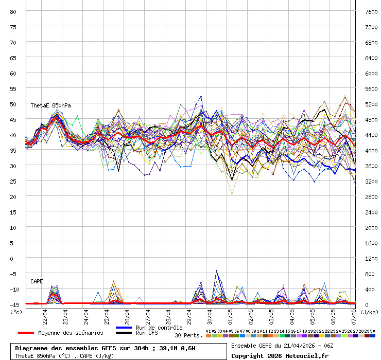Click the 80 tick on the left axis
click(13, 11)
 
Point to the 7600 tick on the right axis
click(371, 11)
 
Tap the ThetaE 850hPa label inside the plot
click(50, 105)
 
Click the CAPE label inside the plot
click(37, 281)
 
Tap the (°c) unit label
click(16, 312)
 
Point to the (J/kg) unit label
click(369, 312)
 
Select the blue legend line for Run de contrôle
click(124, 328)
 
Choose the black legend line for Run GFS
click(124, 333)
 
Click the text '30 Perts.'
click(188, 335)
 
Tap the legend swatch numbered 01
click(208, 336)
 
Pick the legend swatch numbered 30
click(372, 336)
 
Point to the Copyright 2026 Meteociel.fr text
click(279, 355)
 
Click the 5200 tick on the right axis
click(371, 104)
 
